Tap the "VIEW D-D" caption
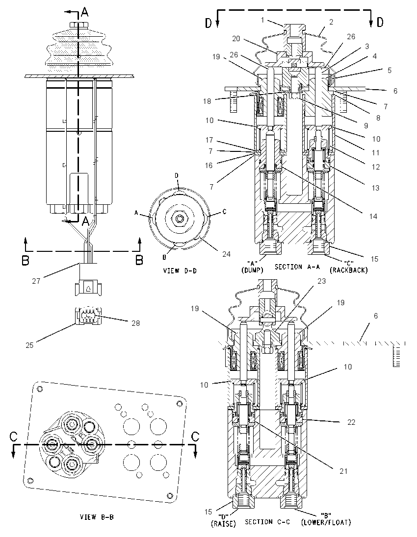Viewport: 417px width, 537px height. (x=180, y=270)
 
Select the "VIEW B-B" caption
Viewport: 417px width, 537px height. (x=96, y=517)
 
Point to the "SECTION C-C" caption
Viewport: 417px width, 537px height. (x=267, y=522)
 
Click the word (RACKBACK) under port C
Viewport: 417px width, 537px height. (x=348, y=270)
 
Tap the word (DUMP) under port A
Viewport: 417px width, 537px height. (x=252, y=270)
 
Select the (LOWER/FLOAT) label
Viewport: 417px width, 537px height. (x=326, y=522)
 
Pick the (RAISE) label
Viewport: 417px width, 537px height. (x=223, y=523)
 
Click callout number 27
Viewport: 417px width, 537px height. (x=36, y=281)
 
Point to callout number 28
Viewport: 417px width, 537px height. (x=136, y=323)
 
